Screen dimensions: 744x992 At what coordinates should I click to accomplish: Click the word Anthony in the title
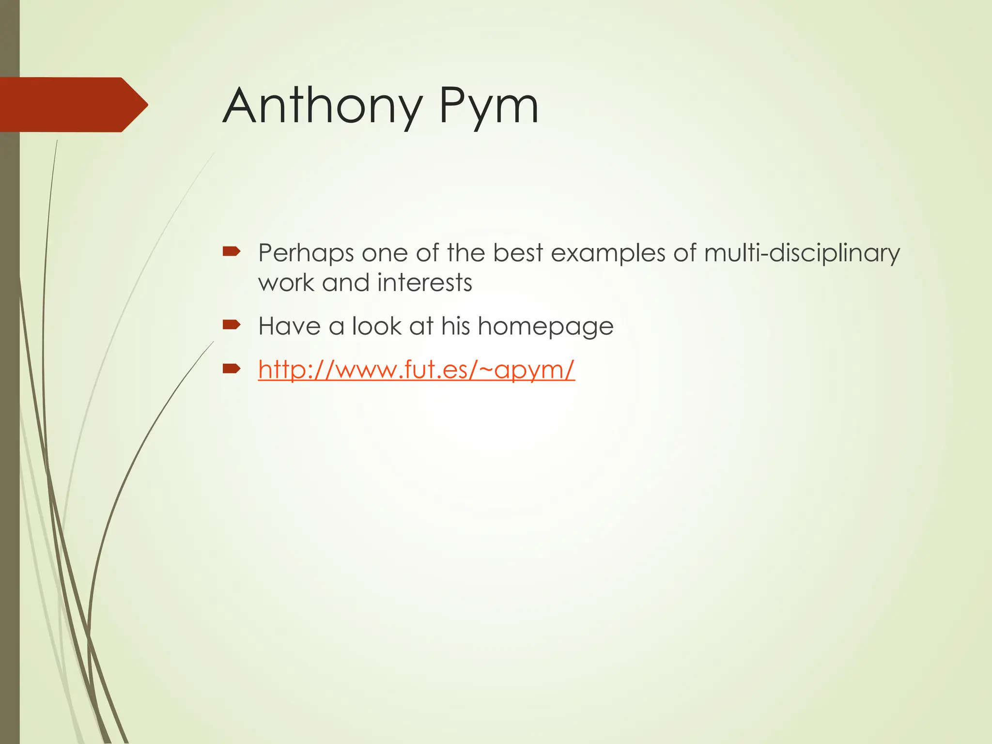pos(322,106)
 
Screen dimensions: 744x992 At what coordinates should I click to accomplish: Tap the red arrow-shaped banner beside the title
pos(73,105)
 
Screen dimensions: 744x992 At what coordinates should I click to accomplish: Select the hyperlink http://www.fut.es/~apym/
pos(416,370)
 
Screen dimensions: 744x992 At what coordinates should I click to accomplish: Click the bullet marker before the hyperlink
pos(232,369)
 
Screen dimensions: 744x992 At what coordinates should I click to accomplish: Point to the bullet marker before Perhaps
pos(232,251)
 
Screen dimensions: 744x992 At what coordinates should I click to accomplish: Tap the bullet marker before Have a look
pos(232,324)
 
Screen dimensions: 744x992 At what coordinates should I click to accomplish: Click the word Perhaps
pos(306,253)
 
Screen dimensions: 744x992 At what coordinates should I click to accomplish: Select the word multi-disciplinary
pos(802,253)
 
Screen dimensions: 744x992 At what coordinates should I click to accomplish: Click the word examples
pos(608,253)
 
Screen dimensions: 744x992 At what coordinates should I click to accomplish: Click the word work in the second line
pos(286,283)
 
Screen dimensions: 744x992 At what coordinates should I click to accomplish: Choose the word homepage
pos(545,326)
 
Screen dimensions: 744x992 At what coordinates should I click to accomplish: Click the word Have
pos(289,325)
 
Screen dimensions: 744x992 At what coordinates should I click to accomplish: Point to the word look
pos(376,325)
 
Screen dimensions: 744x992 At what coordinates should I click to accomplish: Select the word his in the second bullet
pos(455,325)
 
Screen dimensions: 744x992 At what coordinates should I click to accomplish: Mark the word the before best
pos(465,253)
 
